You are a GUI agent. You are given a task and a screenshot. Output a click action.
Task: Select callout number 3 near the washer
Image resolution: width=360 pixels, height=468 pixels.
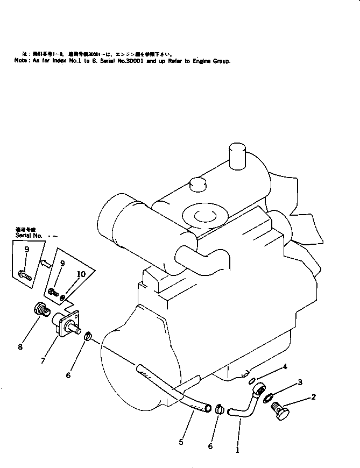[300, 382]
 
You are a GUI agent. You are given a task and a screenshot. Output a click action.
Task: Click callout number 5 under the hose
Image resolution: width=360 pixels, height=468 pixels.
[182, 443]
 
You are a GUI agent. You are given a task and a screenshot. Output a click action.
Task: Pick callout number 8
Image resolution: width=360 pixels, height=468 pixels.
[20, 347]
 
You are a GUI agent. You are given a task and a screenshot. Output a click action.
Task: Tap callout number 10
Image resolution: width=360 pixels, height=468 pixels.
[81, 273]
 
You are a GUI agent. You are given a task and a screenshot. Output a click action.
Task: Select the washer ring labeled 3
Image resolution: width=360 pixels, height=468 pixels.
[267, 398]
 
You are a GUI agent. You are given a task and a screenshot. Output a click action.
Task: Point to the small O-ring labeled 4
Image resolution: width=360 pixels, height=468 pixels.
[252, 381]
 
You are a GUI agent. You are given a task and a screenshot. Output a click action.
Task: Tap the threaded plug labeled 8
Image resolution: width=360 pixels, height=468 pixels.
[42, 310]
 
